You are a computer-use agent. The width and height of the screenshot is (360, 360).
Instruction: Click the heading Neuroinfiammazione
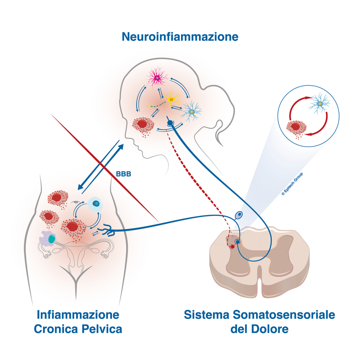(x=180, y=37)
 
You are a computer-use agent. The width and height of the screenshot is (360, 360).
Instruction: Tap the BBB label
(x=123, y=174)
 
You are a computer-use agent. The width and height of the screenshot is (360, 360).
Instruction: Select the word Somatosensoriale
(x=284, y=315)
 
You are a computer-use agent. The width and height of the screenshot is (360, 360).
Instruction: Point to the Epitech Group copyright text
(x=292, y=184)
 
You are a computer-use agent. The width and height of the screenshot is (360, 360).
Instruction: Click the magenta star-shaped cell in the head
(x=157, y=78)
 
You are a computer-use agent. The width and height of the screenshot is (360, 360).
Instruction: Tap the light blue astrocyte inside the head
(x=191, y=112)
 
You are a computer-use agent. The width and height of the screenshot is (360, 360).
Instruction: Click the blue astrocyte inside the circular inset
(x=319, y=104)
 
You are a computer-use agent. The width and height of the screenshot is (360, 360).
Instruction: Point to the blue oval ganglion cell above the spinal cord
(x=239, y=215)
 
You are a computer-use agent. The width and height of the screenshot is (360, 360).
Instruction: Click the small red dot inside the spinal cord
(x=233, y=246)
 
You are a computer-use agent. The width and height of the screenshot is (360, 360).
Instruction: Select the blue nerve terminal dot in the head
(x=170, y=123)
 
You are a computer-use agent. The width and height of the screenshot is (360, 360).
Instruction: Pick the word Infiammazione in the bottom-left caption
(x=78, y=315)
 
